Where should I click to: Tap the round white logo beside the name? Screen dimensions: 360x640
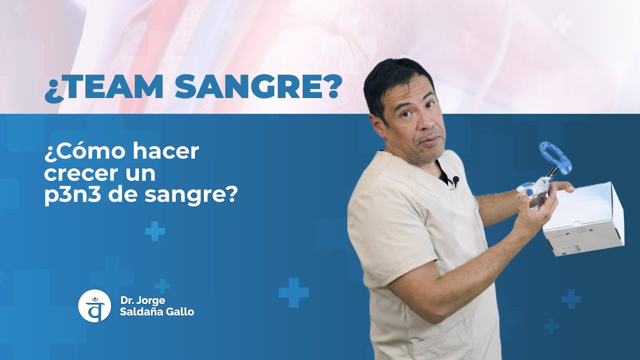pos(94,305)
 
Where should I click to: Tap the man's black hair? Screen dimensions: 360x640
pos(395,80)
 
